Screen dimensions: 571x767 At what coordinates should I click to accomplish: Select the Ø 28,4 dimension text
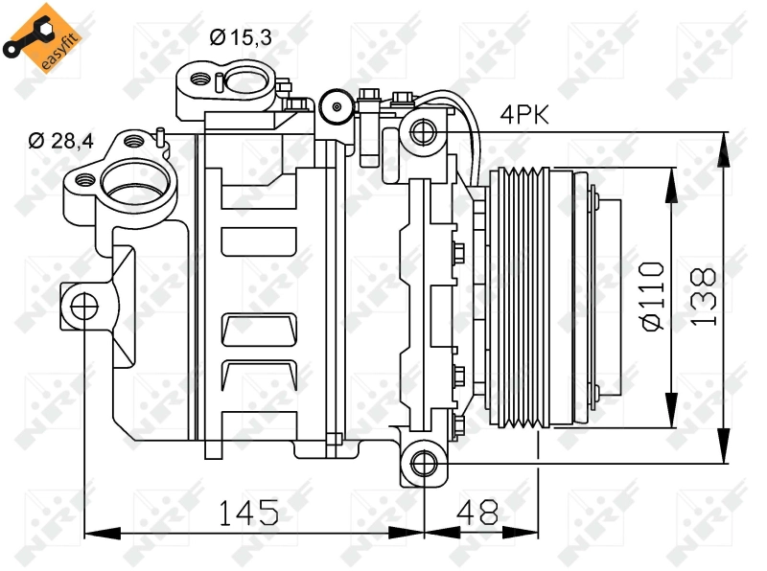coord(60,142)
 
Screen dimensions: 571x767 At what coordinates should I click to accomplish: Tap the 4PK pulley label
coord(523,116)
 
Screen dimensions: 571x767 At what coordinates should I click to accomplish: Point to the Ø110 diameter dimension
coord(652,295)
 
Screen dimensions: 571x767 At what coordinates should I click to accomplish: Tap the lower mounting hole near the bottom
coord(422,464)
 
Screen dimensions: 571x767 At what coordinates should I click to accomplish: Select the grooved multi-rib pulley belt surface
coord(519,297)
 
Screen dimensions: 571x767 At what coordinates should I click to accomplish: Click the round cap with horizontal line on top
coord(335,106)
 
